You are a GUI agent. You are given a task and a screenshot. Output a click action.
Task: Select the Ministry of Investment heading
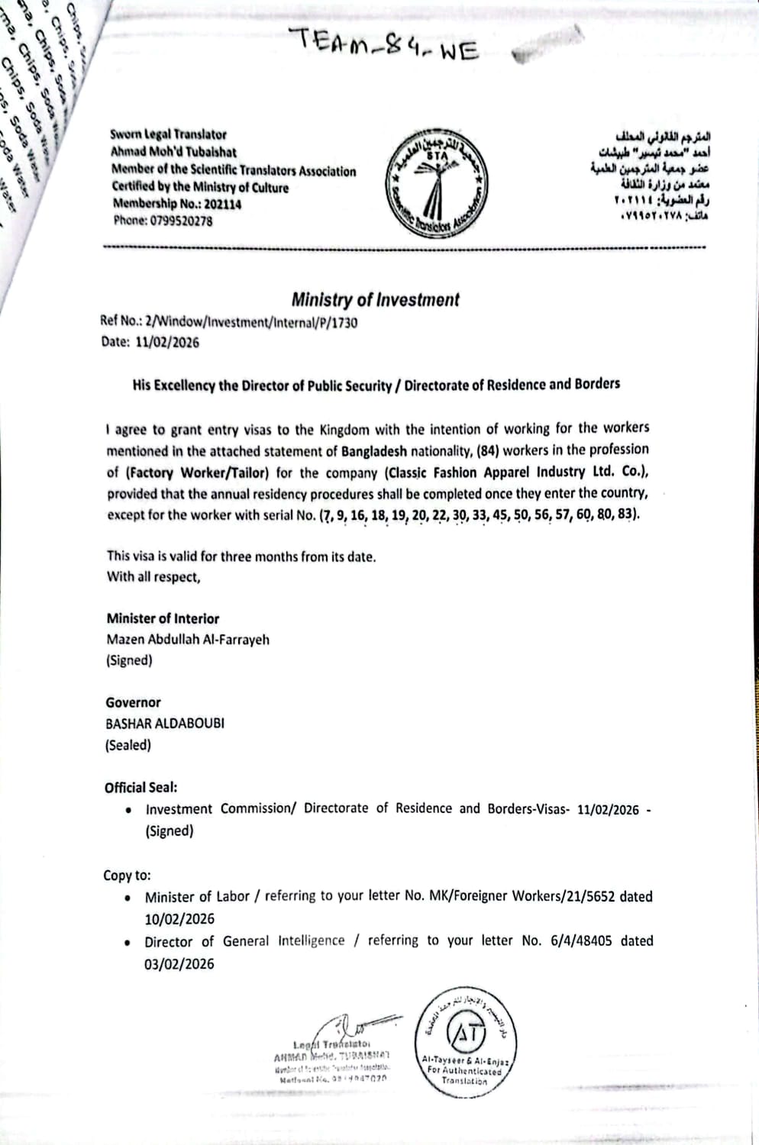click(375, 300)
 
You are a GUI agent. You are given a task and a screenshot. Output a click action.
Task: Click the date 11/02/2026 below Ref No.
click(167, 342)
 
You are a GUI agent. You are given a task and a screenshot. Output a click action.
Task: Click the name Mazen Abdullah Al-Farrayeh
click(188, 640)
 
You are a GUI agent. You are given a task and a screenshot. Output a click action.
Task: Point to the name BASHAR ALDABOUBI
click(165, 723)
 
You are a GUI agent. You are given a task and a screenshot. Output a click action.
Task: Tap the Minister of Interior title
click(163, 618)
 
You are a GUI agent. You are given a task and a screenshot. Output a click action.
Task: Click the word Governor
click(134, 702)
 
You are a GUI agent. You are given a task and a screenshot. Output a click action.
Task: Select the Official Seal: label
click(141, 787)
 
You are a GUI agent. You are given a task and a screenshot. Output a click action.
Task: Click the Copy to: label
click(128, 876)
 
